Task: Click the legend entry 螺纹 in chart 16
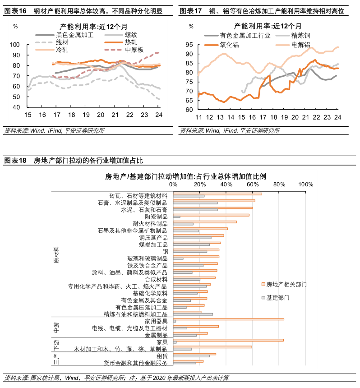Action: click(125, 35)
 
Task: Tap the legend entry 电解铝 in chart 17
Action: click(300, 45)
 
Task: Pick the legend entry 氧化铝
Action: click(230, 45)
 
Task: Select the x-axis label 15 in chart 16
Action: click(28, 115)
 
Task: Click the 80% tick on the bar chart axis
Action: click(279, 184)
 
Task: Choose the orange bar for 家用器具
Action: click(229, 319)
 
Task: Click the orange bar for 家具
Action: click(228, 340)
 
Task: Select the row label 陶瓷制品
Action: click(156, 217)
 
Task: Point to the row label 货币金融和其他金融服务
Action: click(136, 363)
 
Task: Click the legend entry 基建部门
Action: click(277, 298)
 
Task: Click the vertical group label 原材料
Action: click(56, 255)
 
